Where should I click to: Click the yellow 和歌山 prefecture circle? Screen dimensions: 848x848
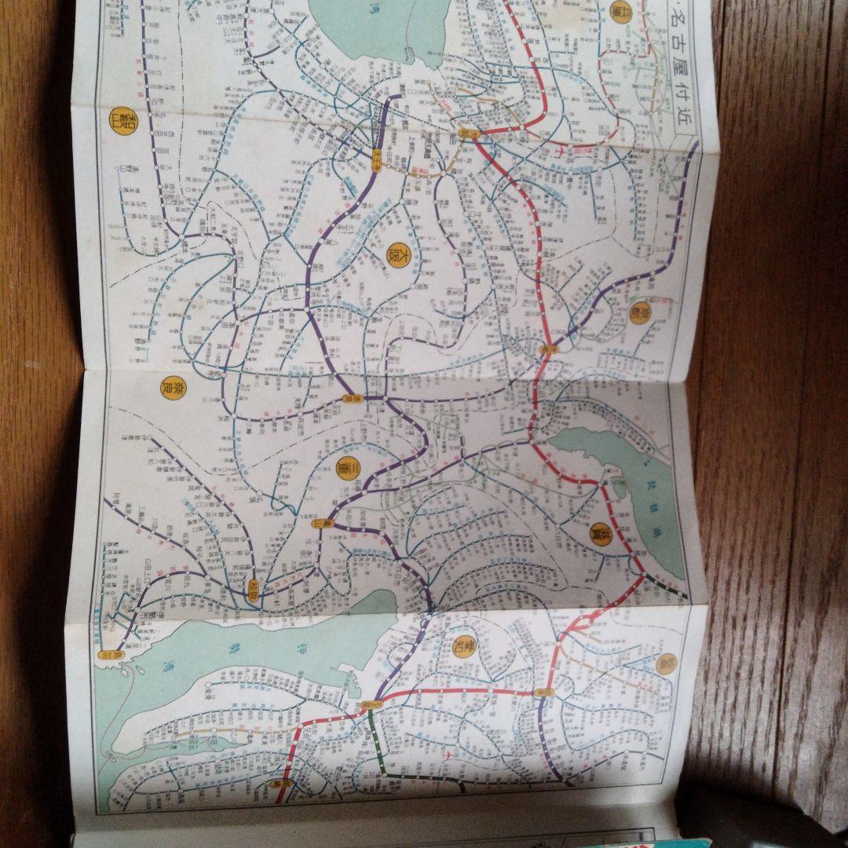click(x=119, y=122)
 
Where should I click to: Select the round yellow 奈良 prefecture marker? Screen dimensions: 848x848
click(x=168, y=386)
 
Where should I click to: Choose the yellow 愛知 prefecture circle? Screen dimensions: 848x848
click(x=466, y=647)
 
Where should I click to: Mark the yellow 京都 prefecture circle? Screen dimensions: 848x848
click(x=640, y=313)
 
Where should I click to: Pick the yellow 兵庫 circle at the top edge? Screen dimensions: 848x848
click(x=620, y=11)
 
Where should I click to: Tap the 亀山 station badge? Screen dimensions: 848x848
click(x=316, y=523)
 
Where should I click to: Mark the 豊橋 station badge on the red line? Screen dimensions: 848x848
click(x=278, y=783)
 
